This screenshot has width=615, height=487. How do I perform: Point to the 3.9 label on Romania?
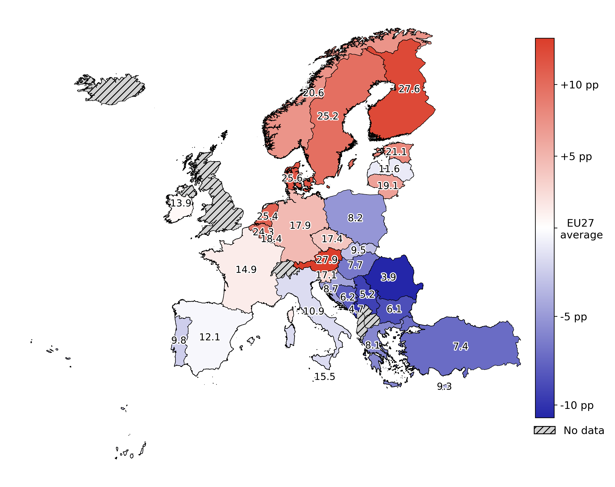pos(388,277)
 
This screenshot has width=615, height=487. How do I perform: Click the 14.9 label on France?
pos(246,269)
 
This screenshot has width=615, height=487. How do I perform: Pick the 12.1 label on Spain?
pos(210,337)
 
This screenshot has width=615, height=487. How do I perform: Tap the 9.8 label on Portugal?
pos(179,340)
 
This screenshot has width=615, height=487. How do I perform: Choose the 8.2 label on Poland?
pos(355,218)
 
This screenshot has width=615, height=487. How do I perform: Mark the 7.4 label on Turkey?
pos(460,346)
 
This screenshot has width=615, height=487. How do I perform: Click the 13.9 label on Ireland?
pos(181,203)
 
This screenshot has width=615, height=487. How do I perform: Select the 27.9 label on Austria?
pos(327,260)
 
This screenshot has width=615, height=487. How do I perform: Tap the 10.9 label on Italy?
pos(313,311)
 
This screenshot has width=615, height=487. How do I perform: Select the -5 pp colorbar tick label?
pos(573,317)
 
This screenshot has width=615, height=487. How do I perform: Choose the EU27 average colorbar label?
pos(581,229)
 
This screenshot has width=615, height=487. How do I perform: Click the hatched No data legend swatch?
pos(544,430)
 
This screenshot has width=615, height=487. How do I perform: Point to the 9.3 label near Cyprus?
pos(444,386)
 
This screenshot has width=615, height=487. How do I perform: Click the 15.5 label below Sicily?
pos(324,377)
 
